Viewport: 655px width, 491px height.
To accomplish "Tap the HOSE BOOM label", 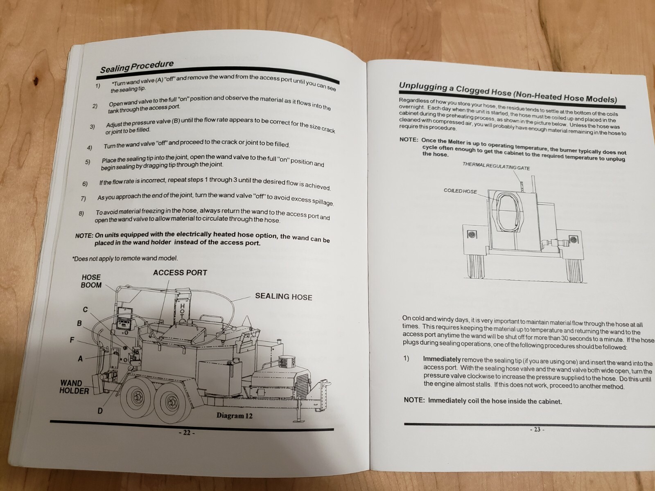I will click(x=91, y=281).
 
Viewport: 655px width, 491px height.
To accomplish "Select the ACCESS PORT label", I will click(x=180, y=273).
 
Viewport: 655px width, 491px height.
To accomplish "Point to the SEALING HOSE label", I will click(x=283, y=297).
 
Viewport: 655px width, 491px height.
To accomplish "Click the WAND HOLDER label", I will click(x=73, y=387).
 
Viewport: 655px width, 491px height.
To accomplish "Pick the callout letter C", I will click(x=85, y=310).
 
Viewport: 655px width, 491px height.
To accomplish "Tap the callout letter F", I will click(x=72, y=340).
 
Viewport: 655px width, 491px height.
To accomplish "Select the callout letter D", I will click(x=100, y=411).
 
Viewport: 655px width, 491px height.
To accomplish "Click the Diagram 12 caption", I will click(x=234, y=416).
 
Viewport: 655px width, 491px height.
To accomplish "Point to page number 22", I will click(x=186, y=433).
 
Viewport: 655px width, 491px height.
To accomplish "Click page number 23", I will click(x=537, y=430).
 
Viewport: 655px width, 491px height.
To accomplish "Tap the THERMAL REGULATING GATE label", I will click(x=496, y=166).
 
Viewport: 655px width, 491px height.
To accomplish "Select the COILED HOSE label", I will click(x=460, y=191).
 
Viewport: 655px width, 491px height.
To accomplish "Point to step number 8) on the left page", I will click(x=81, y=214).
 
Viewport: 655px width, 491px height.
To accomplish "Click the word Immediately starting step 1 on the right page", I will click(x=442, y=359).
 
